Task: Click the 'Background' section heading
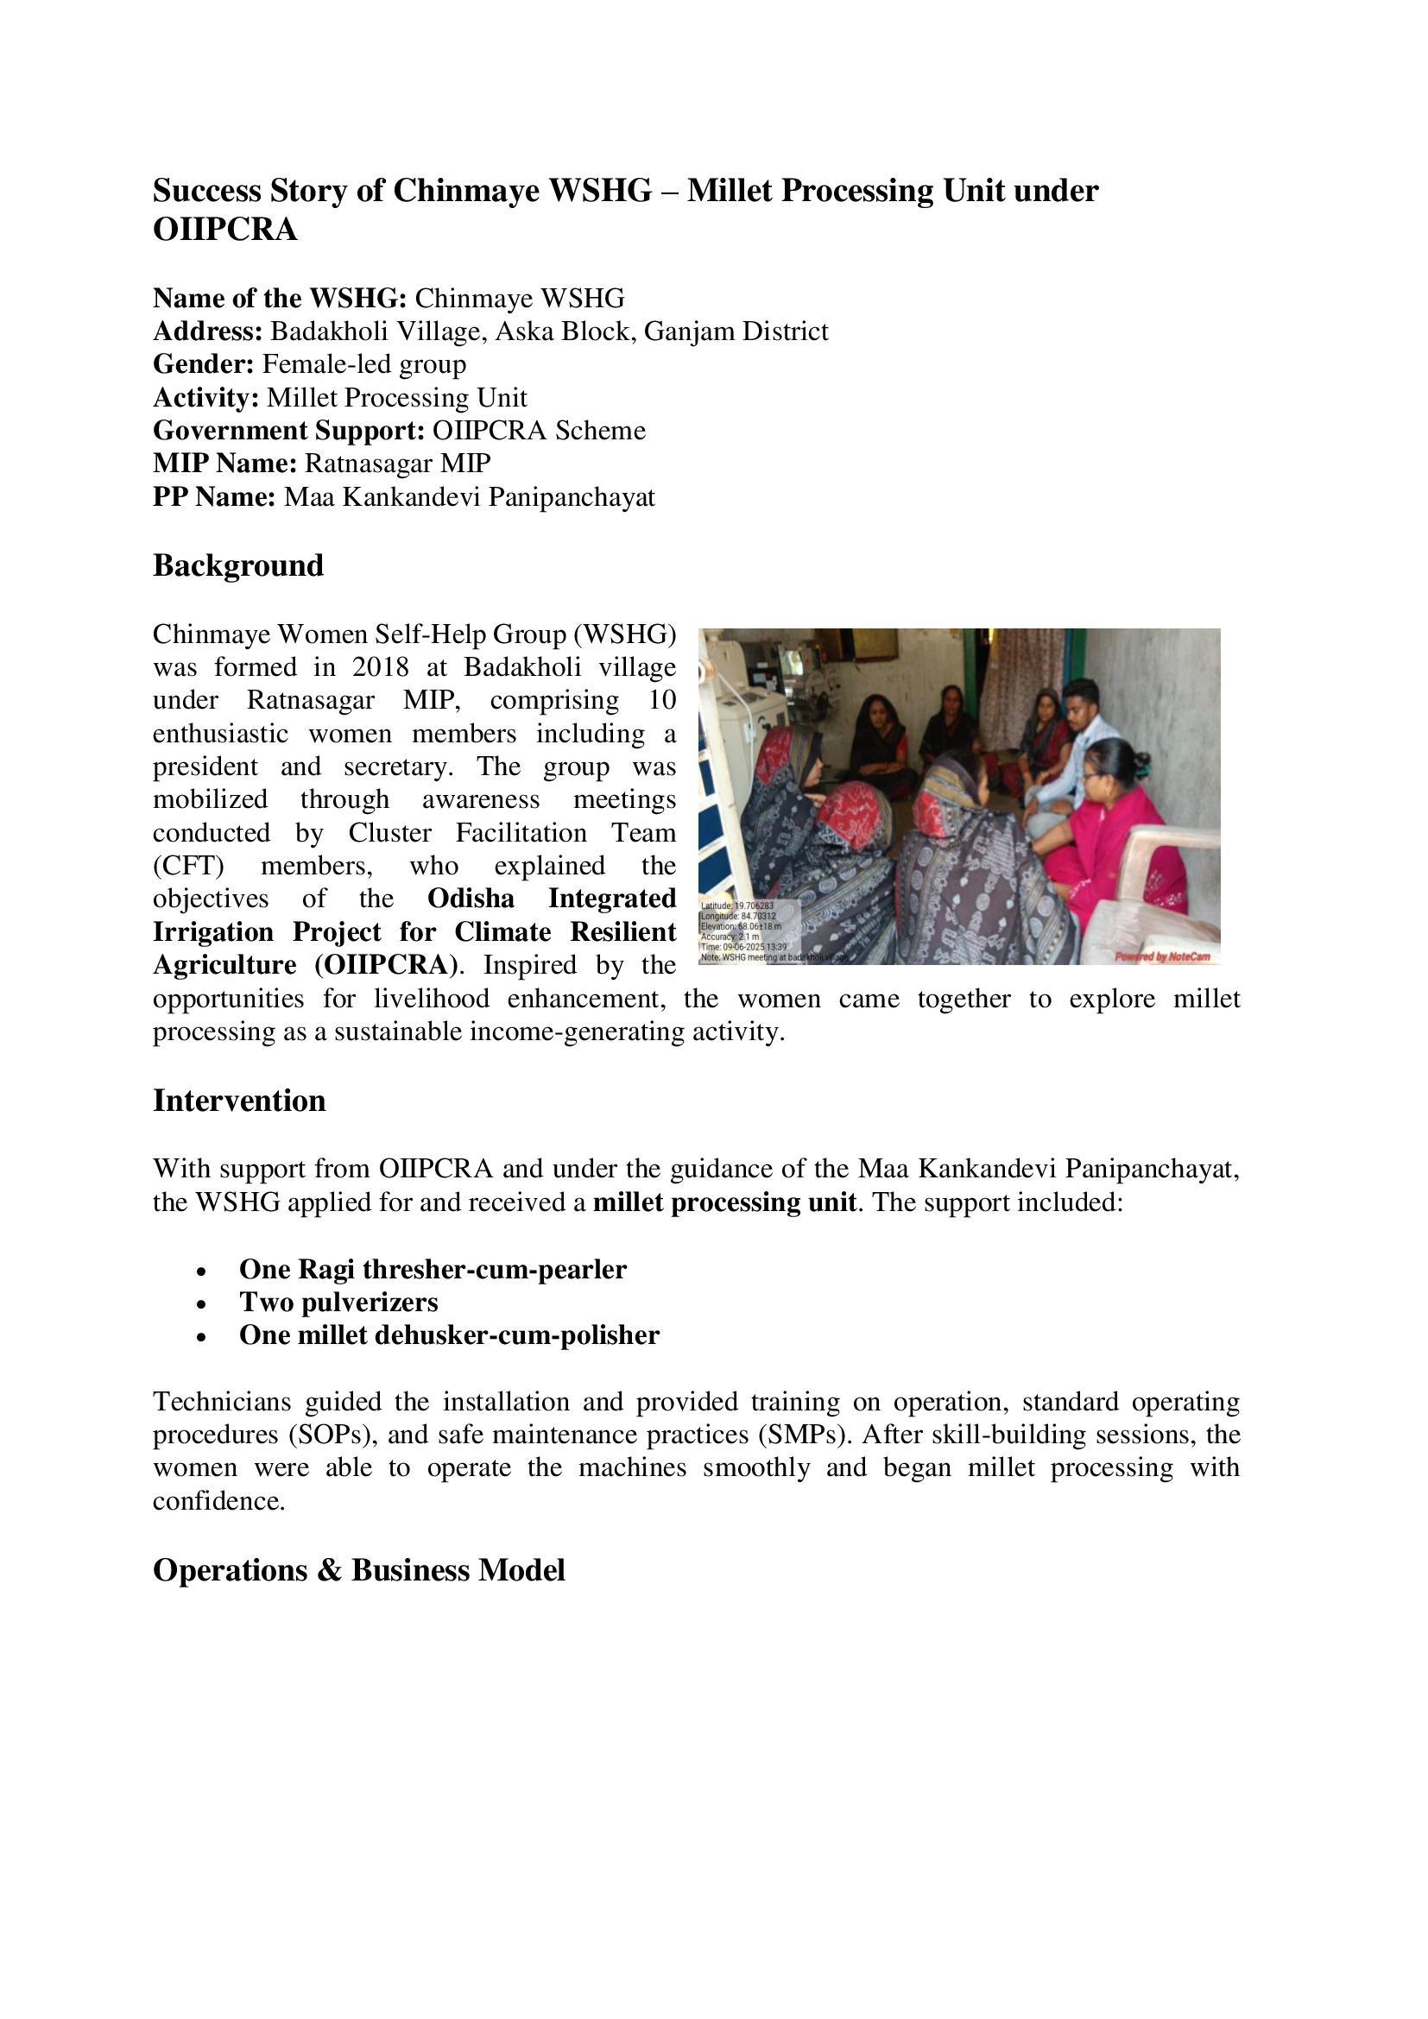(238, 565)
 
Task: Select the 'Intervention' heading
(239, 1101)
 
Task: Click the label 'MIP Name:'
(225, 464)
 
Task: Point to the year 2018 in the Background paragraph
(381, 667)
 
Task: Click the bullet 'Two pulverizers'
(338, 1303)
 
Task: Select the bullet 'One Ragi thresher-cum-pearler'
(433, 1270)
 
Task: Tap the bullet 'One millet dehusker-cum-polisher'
(448, 1335)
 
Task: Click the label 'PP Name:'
(216, 498)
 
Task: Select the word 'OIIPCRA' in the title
(225, 230)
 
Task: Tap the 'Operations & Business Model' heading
(359, 1570)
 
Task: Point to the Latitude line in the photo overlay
(736, 905)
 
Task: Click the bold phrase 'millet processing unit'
(724, 1202)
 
